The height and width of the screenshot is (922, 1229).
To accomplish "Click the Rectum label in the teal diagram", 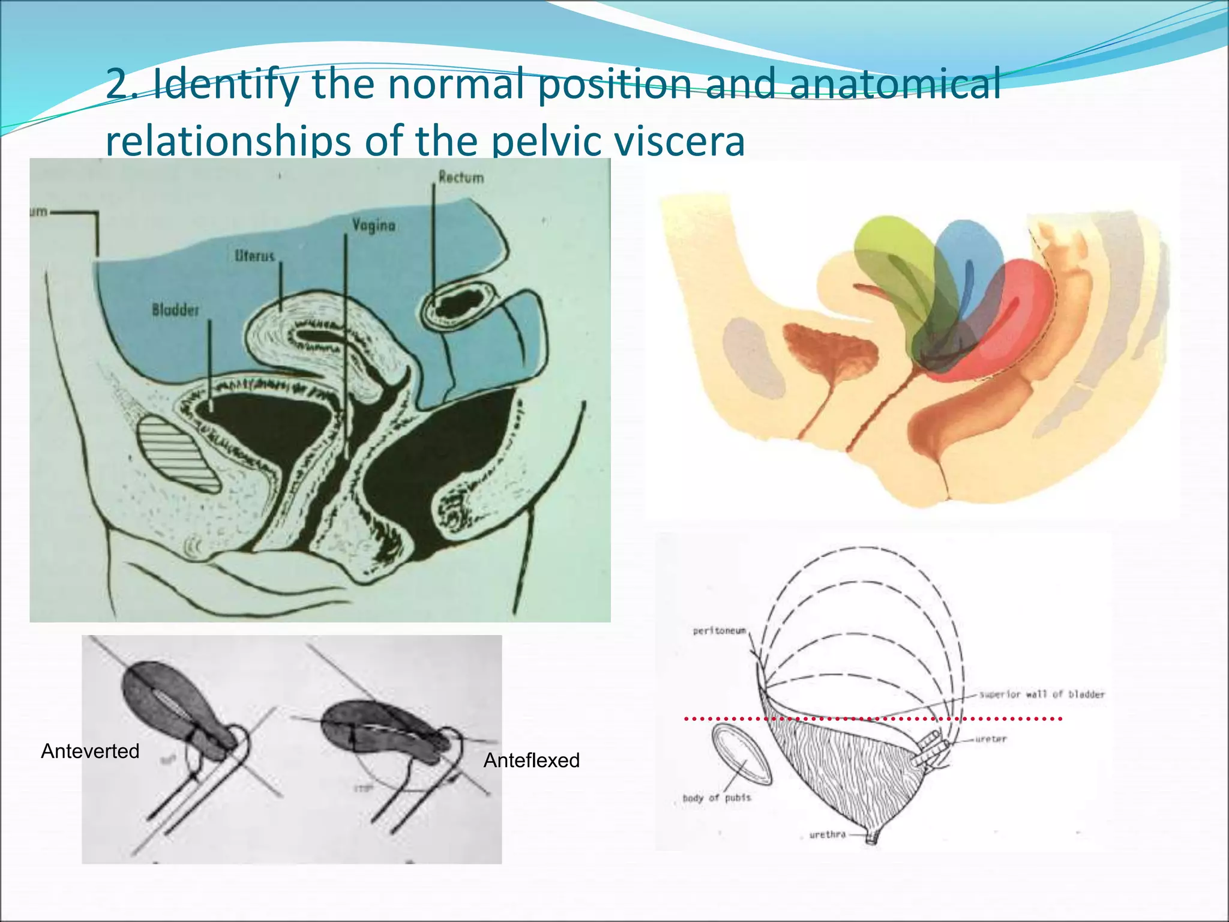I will pos(460,177).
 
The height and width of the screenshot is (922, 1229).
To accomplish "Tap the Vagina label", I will pos(373,225).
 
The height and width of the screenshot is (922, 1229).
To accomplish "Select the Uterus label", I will pos(254,256).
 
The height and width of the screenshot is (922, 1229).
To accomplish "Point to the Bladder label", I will pos(175,310).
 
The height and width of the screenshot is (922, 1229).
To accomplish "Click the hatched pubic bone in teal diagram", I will pos(178,453).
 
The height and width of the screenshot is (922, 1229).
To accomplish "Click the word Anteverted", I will pos(90,751).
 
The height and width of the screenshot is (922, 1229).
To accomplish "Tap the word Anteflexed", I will pos(531,761).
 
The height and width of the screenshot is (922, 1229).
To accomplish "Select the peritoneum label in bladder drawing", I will pos(719,631).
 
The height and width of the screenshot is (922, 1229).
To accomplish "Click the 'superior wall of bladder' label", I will pos(1041,695).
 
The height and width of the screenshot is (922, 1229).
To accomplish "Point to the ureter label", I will pos(991,739).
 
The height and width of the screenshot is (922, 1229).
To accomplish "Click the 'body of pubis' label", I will pos(716,798).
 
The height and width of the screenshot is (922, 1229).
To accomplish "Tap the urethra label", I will pos(827,834).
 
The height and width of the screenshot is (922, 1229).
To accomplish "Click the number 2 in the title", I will pos(118,84).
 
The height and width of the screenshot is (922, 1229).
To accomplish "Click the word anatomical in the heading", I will pos(894,84).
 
